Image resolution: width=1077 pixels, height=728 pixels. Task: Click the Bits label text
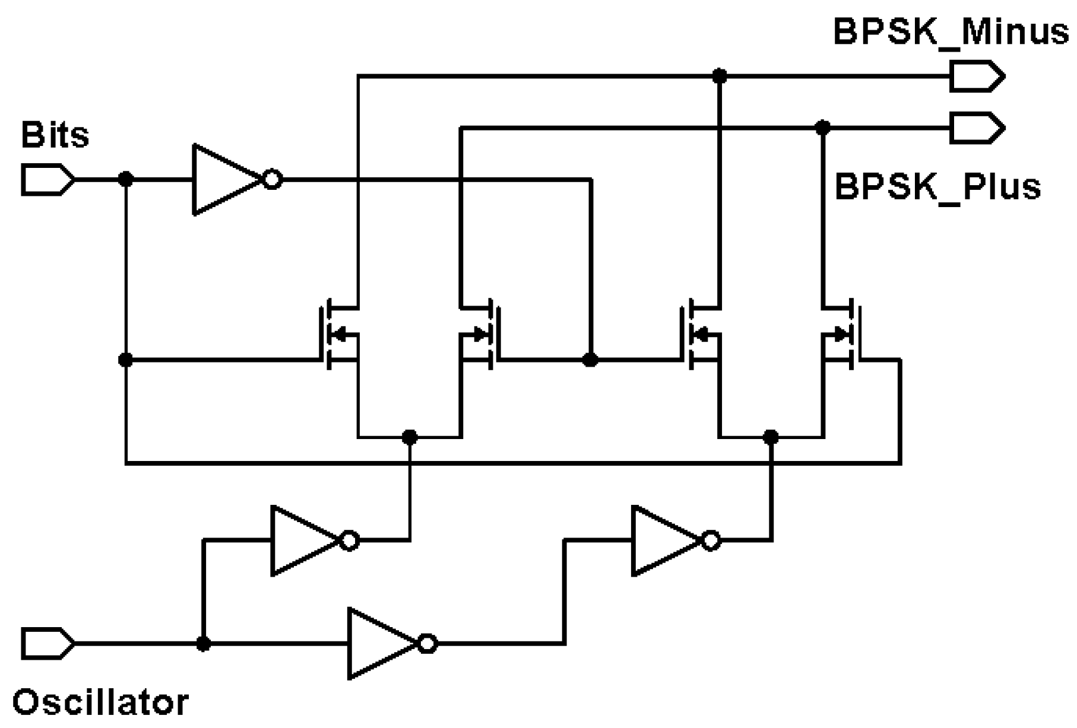(x=55, y=135)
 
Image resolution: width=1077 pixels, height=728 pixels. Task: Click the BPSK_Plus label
(x=937, y=186)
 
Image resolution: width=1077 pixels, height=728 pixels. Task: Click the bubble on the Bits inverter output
(x=273, y=179)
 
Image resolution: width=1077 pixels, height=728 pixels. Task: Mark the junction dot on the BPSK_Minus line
(x=719, y=76)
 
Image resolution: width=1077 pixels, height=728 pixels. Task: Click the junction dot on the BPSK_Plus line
(x=822, y=128)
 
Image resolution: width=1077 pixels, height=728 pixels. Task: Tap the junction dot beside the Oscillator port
(x=203, y=643)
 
